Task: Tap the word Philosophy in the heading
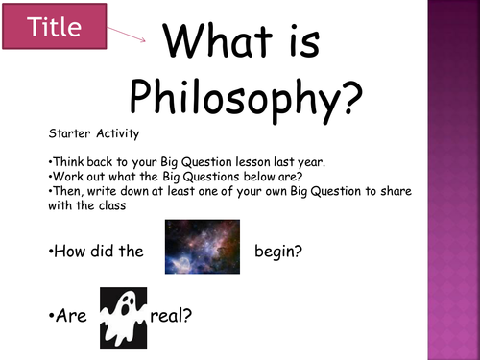tap(246, 96)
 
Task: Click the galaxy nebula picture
tap(202, 247)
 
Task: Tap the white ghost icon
tap(124, 316)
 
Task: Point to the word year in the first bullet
tap(310, 163)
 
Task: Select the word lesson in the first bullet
tap(249, 163)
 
